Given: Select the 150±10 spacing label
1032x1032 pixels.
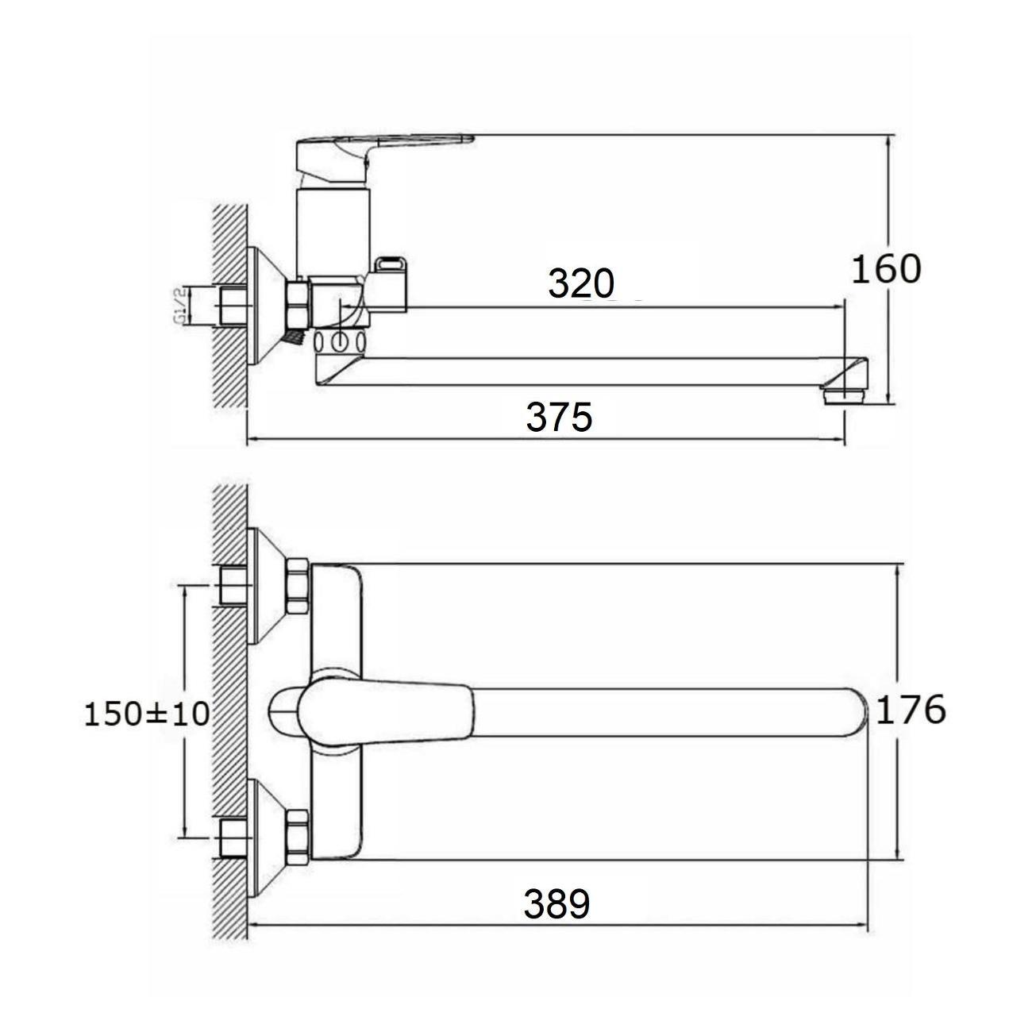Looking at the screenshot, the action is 147,714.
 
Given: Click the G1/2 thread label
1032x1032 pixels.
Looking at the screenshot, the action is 179,306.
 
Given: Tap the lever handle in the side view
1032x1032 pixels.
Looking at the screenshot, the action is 375,158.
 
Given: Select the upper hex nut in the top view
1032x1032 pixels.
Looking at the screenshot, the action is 297,587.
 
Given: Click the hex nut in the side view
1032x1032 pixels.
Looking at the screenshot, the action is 298,306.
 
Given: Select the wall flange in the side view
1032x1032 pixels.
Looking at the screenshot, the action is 265,306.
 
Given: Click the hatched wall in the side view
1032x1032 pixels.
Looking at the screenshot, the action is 230,306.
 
